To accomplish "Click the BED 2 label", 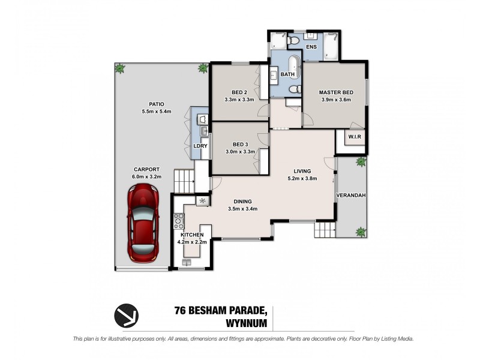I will click(240, 92).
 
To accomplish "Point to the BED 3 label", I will click(240, 144).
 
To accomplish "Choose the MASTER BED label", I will click(335, 92).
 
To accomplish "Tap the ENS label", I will click(311, 46).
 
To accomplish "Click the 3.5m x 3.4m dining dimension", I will click(243, 209).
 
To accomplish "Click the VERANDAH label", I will click(351, 196).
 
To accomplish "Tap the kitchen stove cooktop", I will click(178, 223).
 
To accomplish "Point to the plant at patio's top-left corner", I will click(120, 69).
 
